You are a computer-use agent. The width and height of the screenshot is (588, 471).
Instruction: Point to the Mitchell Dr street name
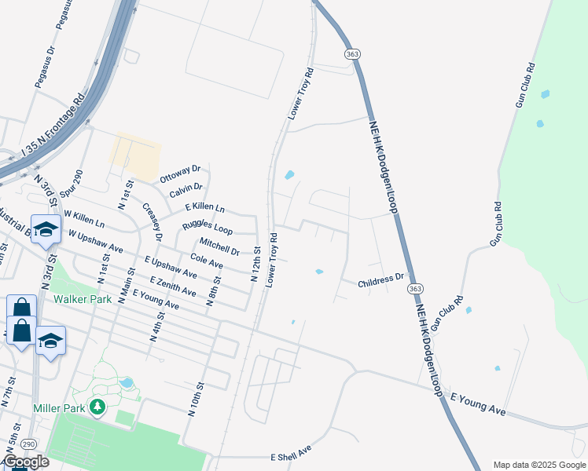pyautogui.click(x=219, y=246)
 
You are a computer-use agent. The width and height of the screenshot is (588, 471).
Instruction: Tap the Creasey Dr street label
pyautogui.click(x=152, y=221)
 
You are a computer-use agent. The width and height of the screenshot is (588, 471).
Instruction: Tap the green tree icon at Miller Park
pyautogui.click(x=97, y=407)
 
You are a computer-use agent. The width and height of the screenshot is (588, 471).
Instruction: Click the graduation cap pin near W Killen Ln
pyautogui.click(x=46, y=228)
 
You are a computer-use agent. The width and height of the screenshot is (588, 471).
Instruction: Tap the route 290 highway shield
pyautogui.click(x=28, y=444)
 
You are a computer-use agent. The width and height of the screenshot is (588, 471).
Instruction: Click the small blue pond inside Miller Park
pyautogui.click(x=127, y=383)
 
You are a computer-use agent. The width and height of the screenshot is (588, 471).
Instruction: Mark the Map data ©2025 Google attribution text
pyautogui.click(x=538, y=465)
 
